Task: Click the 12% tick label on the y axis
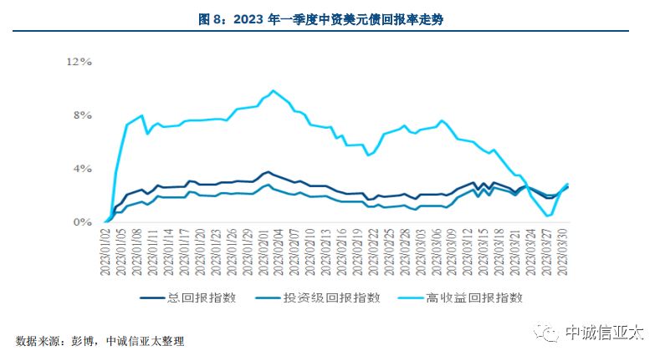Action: coord(79,62)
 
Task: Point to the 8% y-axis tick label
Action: coord(82,115)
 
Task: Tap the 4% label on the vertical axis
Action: coord(82,169)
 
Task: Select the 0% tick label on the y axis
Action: coord(82,222)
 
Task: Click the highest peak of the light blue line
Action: coord(273,90)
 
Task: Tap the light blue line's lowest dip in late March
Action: coord(549,216)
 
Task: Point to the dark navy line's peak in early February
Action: coord(267,171)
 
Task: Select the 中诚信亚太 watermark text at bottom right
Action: coord(604,333)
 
